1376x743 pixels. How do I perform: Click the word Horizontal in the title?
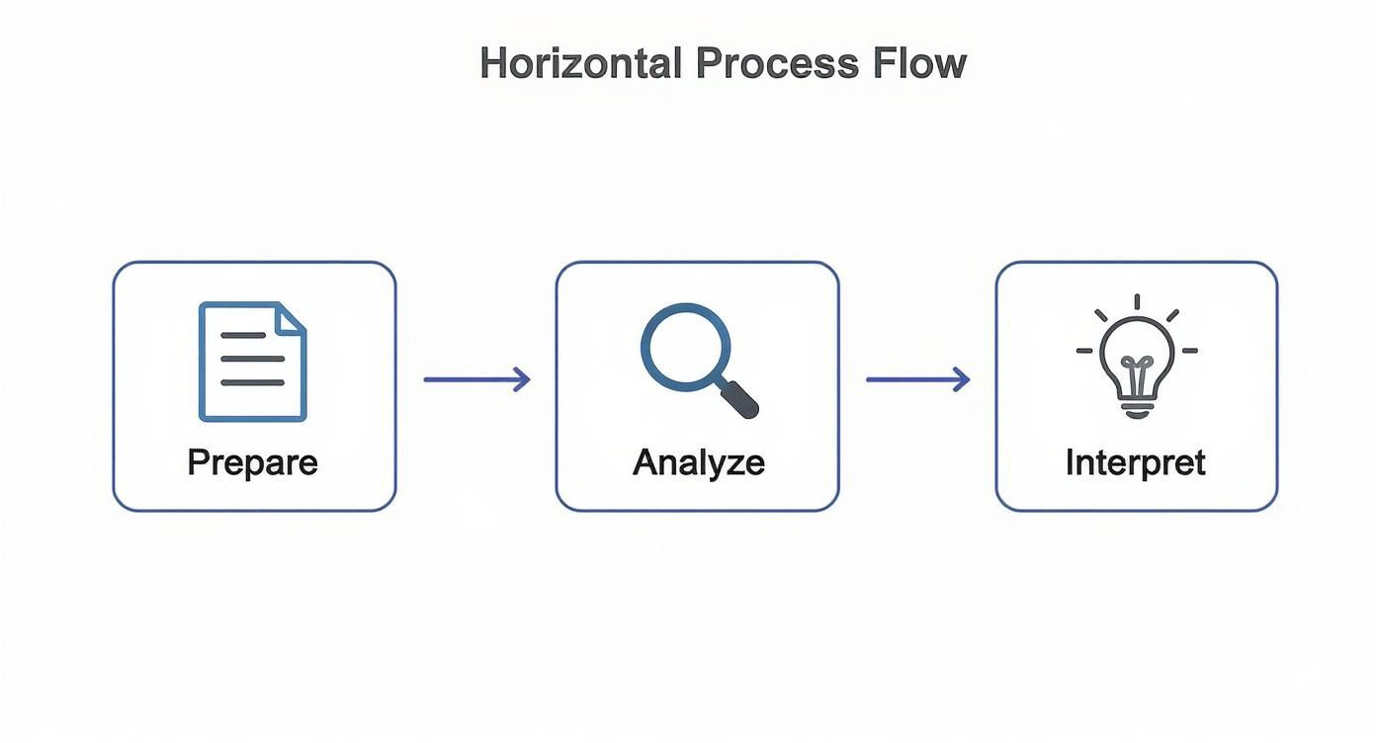coord(579,63)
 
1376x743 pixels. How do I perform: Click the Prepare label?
coord(253,462)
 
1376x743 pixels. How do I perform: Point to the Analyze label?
coord(698,462)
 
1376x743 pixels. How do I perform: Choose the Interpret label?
coord(1135,462)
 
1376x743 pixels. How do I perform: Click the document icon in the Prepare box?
coord(253,362)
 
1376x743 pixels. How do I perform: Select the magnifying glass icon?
coord(697,360)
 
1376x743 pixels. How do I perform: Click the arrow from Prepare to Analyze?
coord(476,379)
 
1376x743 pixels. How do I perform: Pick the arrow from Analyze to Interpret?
coord(917,379)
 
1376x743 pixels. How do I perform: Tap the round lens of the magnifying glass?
coord(685,347)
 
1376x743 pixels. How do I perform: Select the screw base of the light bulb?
coord(1137,406)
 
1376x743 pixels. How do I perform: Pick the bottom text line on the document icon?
coord(252,382)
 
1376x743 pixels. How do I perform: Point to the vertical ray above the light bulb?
coord(1137,301)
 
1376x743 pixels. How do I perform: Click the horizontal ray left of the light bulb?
coord(1084,351)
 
